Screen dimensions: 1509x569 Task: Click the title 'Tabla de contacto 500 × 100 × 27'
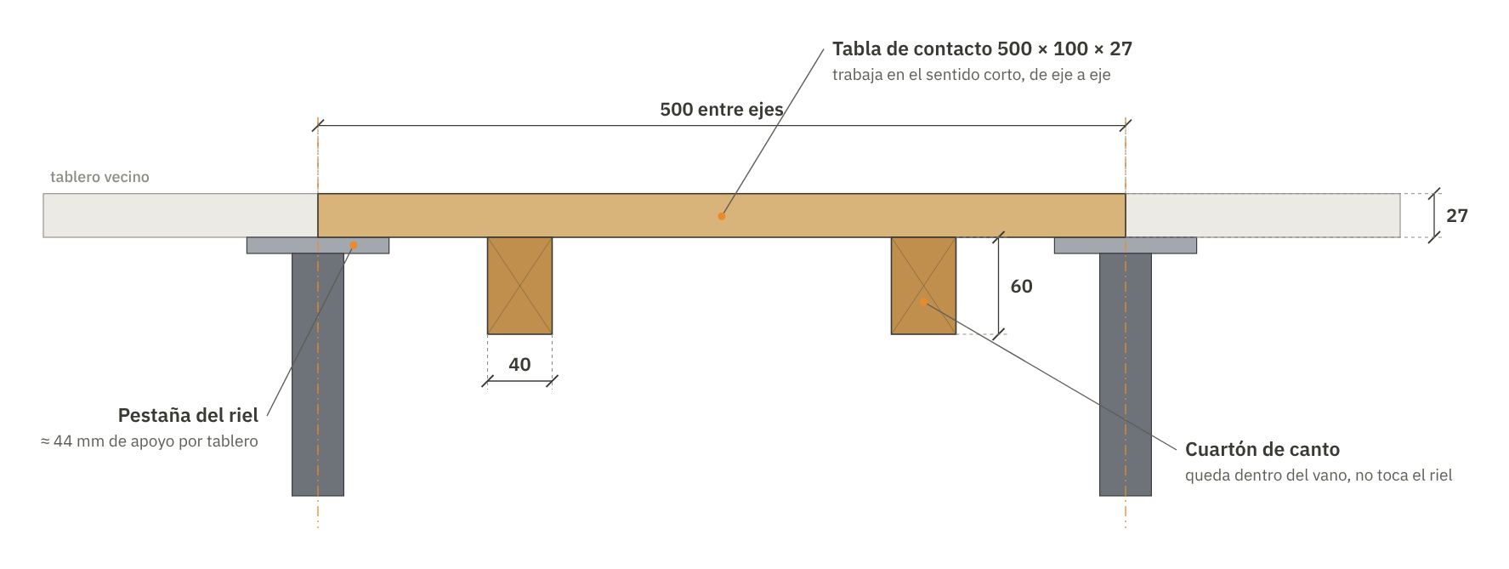tap(982, 48)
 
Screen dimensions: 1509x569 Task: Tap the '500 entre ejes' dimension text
tap(722, 110)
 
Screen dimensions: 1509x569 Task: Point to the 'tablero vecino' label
tap(99, 177)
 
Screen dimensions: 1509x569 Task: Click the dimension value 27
tap(1457, 216)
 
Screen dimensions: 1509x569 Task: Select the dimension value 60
tap(1022, 287)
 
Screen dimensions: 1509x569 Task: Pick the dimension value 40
tap(519, 365)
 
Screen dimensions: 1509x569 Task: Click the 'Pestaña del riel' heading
tap(188, 416)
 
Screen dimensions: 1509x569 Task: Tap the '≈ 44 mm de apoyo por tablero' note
tap(150, 441)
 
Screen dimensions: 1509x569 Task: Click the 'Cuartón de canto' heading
tap(1262, 449)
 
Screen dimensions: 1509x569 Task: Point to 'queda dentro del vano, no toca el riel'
tap(1319, 475)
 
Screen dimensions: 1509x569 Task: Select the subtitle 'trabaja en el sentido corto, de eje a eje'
tap(972, 75)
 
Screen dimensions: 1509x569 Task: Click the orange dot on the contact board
tap(722, 216)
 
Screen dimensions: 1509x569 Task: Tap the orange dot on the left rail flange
tap(354, 246)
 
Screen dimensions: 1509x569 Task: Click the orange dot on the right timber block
tap(923, 301)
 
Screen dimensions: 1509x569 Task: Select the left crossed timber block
tap(519, 286)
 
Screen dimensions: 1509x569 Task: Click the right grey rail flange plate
tap(1126, 245)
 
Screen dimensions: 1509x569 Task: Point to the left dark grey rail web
tap(318, 374)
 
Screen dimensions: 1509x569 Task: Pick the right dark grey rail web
tap(1126, 374)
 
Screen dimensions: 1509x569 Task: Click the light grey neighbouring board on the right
tap(1262, 215)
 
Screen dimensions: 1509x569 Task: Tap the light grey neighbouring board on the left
tap(180, 215)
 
